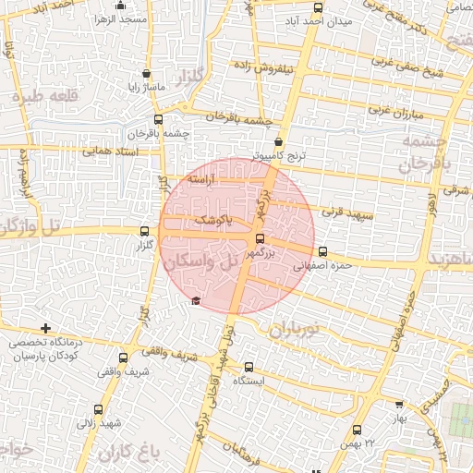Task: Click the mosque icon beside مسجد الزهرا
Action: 97,18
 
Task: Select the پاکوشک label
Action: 214,221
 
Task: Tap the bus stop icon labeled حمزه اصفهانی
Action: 321,251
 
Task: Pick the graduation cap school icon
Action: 194,301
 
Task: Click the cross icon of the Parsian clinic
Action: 45,328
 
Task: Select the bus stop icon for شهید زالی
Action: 98,408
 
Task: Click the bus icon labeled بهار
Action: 398,404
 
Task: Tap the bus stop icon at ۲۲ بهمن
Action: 358,429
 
